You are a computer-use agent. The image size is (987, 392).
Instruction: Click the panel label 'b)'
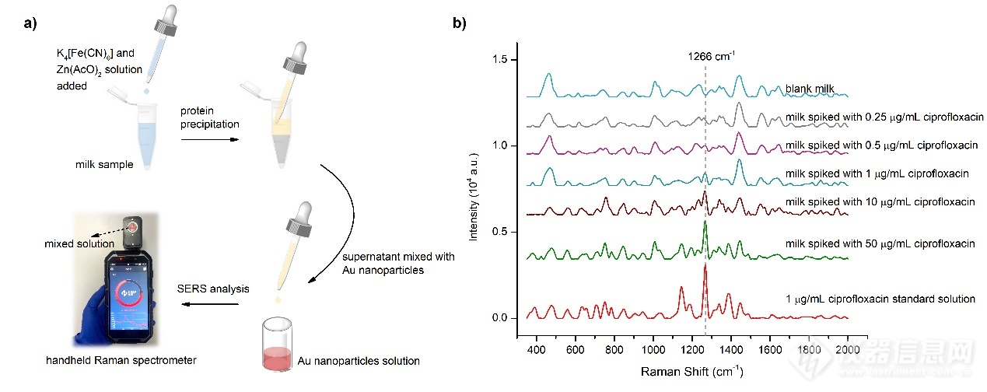pyautogui.click(x=459, y=23)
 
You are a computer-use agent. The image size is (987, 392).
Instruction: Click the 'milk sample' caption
pyautogui.click(x=108, y=164)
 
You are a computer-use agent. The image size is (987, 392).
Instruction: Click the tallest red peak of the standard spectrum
pyautogui.click(x=705, y=268)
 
